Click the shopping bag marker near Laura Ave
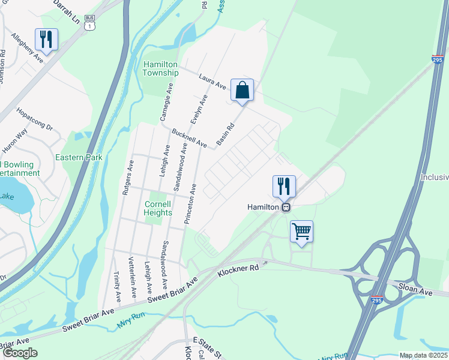point(242,91)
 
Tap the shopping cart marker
point(301,231)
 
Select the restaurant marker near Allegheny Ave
point(46,40)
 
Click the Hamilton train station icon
point(286,207)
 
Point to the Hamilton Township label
point(160,68)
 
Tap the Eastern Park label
point(79,158)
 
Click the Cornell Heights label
point(158,208)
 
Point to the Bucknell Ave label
point(189,138)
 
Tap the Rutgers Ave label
point(126,178)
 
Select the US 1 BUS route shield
point(90,23)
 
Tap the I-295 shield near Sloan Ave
point(376,299)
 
